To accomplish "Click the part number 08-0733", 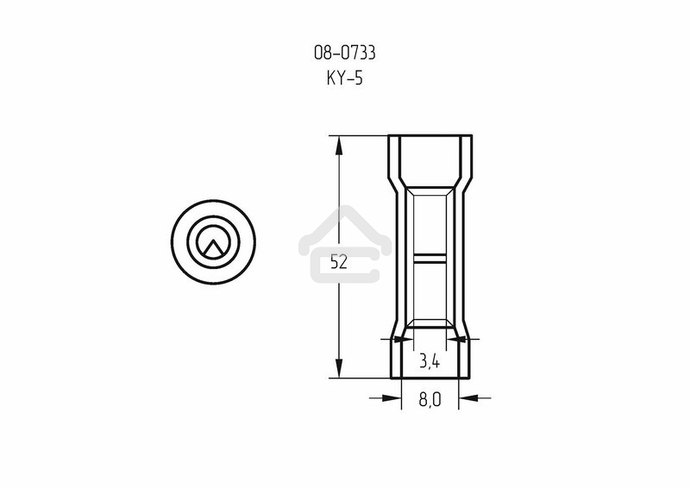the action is (x=344, y=53).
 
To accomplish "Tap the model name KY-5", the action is (x=344, y=78).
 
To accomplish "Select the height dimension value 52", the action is (x=339, y=262).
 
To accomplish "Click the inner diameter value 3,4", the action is (x=430, y=361).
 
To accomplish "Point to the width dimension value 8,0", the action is (x=430, y=399).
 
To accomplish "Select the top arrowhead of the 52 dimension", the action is (x=339, y=145).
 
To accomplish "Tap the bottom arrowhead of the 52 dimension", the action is (x=339, y=368).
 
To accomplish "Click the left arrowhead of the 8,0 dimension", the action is (x=392, y=397).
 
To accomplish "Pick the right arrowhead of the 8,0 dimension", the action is (x=468, y=397).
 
